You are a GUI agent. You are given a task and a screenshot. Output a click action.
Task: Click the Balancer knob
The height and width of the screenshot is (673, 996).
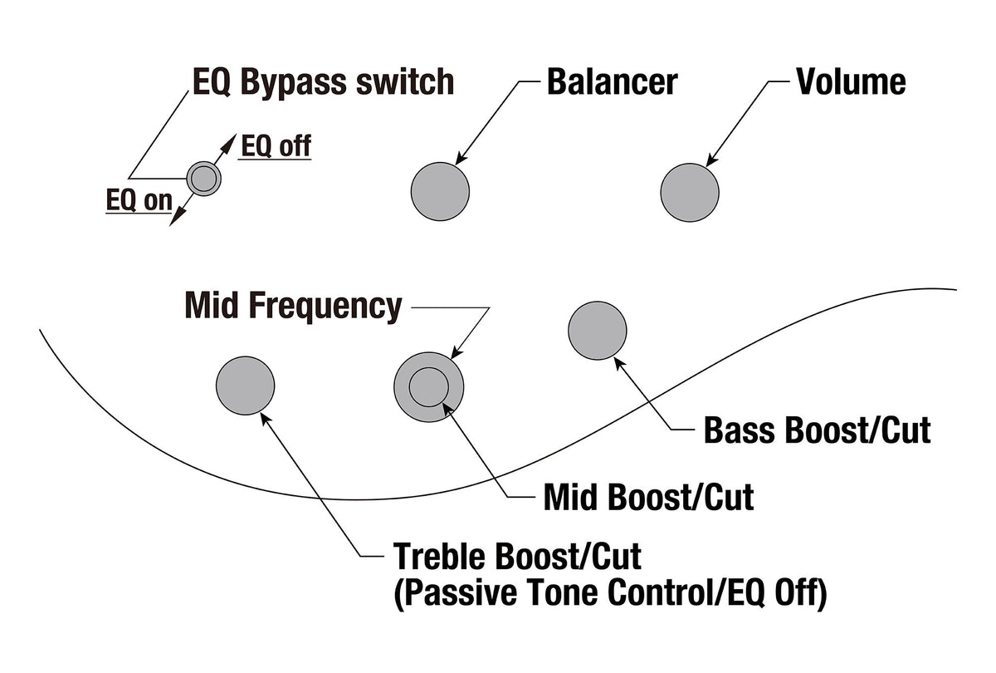click(x=440, y=191)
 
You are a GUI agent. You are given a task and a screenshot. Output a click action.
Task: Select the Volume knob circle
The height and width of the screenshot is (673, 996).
click(x=690, y=192)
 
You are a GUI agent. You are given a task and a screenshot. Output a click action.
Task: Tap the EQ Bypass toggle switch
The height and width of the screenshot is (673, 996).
click(x=203, y=179)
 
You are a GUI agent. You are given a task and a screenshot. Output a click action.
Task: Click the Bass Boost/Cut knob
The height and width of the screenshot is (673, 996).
click(x=598, y=331)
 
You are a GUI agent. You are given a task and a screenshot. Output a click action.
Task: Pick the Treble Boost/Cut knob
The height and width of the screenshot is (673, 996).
click(x=246, y=386)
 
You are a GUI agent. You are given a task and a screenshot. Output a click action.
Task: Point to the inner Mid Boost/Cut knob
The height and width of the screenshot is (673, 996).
click(x=428, y=387)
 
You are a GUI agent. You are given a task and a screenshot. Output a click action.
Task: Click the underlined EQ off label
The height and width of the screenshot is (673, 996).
click(x=276, y=146)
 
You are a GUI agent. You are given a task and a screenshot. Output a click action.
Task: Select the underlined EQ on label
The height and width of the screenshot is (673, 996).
click(x=139, y=200)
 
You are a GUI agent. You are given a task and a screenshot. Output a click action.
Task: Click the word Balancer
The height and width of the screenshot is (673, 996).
click(x=613, y=82)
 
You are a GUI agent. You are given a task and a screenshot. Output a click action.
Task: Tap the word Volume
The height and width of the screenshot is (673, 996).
click(x=851, y=82)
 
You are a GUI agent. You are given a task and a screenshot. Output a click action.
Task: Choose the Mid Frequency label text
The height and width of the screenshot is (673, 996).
click(x=293, y=307)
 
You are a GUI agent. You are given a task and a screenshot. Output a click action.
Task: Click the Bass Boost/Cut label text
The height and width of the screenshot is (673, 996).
click(x=818, y=430)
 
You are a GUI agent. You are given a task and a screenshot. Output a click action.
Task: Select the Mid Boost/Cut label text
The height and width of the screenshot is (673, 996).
click(x=649, y=497)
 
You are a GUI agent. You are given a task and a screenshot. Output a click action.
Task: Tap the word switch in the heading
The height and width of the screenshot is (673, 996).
click(x=405, y=82)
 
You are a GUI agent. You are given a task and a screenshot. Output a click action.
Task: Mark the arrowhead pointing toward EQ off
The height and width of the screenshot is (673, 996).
click(x=228, y=144)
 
